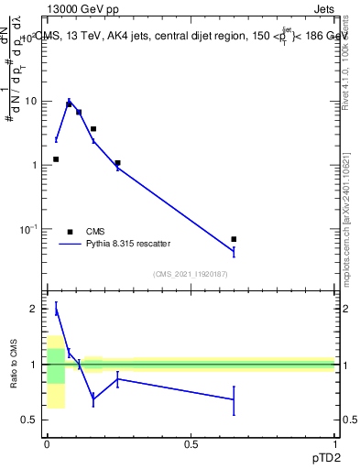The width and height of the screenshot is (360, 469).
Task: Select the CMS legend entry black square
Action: [x=70, y=232]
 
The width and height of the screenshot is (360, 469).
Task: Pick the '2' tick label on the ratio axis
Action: [x=34, y=309]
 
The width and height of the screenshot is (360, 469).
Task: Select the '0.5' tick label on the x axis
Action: [x=191, y=444]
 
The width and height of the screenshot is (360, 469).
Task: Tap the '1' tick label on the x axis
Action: [x=336, y=444]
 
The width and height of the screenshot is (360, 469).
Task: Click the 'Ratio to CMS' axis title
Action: [x=14, y=365]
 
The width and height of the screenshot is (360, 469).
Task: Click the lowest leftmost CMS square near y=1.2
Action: [x=56, y=159]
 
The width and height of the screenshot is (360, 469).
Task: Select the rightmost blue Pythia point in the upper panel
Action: [x=234, y=251]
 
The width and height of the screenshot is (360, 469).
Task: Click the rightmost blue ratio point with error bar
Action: [x=234, y=399]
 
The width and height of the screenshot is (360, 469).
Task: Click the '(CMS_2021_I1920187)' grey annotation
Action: [x=191, y=272]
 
